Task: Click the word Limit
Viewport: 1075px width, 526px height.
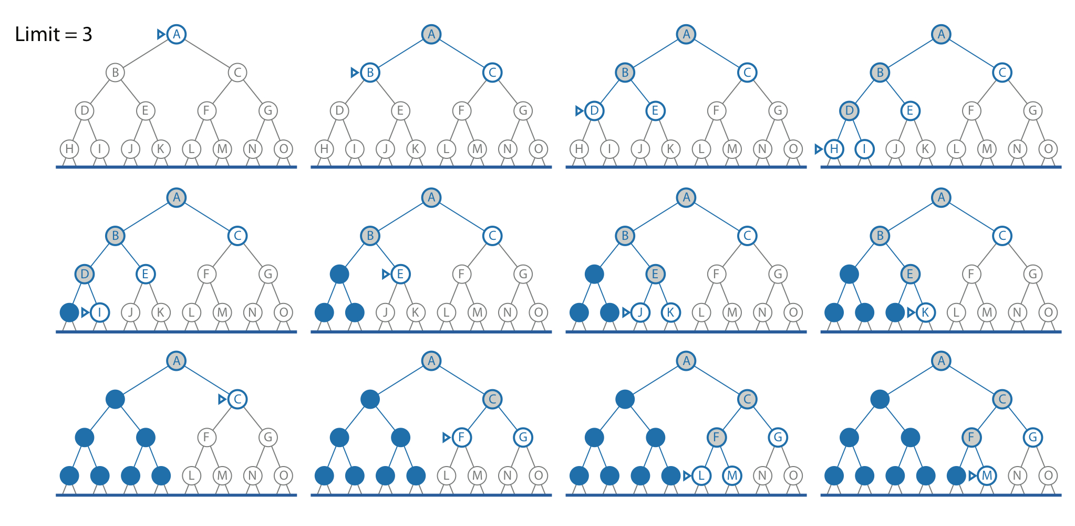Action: (x=37, y=35)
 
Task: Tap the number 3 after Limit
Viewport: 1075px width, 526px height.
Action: (x=87, y=35)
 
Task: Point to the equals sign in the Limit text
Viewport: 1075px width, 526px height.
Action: (x=70, y=35)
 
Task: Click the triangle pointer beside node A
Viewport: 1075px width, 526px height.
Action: (x=161, y=34)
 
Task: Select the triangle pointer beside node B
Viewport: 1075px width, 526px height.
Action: (x=355, y=73)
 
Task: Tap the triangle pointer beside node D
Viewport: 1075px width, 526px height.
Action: (x=579, y=111)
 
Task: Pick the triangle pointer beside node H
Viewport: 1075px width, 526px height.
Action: (x=819, y=149)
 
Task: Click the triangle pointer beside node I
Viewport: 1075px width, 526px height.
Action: (x=85, y=312)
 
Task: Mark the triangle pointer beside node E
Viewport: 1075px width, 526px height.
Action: (x=386, y=274)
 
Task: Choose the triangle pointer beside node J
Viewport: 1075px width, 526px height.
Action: (x=626, y=312)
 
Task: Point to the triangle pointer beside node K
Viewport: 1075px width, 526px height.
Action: (x=911, y=312)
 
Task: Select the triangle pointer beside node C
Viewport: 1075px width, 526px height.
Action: (x=222, y=399)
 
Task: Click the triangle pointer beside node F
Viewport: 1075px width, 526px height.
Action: (x=447, y=437)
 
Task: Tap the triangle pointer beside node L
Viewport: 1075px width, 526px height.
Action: (x=687, y=476)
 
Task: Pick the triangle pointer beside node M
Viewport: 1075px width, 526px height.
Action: (x=973, y=476)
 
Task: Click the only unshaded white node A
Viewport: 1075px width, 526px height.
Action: (x=177, y=34)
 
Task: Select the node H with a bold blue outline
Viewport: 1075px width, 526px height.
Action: (x=834, y=149)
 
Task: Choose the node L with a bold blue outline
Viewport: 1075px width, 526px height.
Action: (x=701, y=476)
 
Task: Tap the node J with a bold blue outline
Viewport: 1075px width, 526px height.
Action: (x=640, y=312)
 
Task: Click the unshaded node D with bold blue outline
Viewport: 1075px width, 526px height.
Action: (x=594, y=111)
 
